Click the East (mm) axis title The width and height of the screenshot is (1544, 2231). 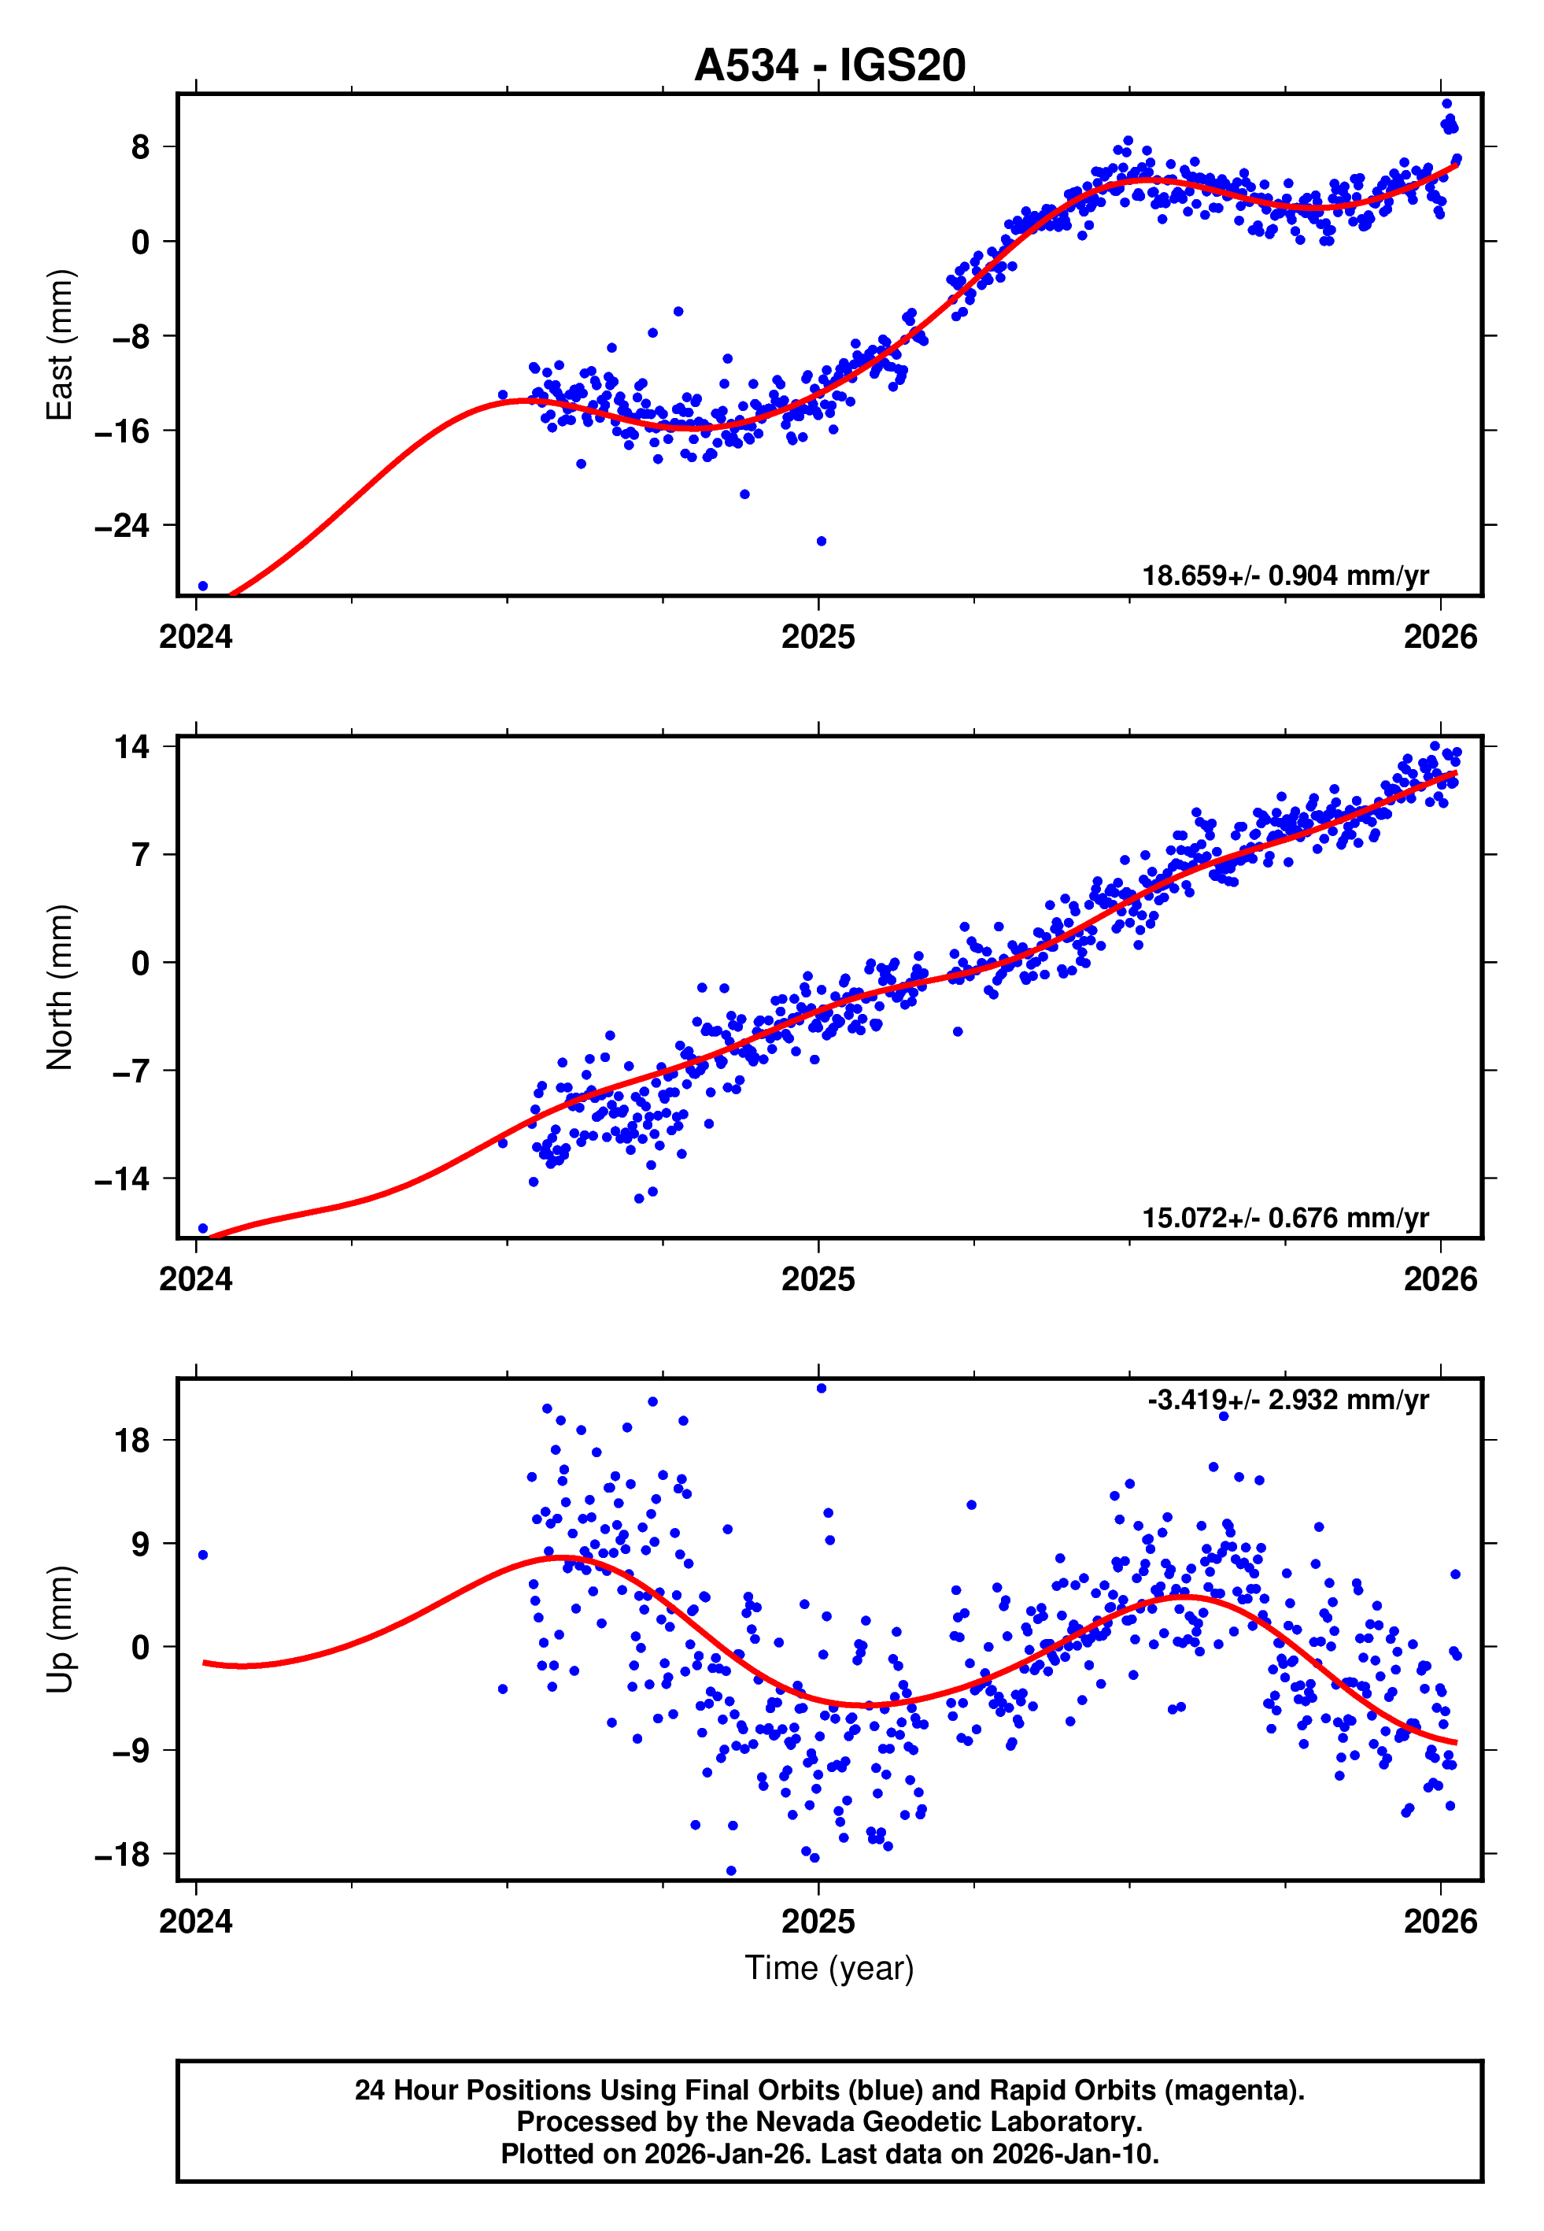60,346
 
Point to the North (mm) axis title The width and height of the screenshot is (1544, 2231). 60,987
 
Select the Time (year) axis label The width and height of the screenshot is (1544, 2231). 829,1969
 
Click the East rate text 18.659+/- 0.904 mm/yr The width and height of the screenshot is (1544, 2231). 1285,575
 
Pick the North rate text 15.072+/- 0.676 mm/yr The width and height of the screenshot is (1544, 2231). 1285,1218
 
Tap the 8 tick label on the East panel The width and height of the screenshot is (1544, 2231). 141,147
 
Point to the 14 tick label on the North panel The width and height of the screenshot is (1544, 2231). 131,747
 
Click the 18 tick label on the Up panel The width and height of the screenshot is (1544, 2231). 131,1441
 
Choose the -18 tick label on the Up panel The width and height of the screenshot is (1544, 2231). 122,1855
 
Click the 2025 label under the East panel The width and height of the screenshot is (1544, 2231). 818,638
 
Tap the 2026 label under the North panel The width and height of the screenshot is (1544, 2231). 1440,1280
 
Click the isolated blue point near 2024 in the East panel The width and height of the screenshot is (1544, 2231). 202,586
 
